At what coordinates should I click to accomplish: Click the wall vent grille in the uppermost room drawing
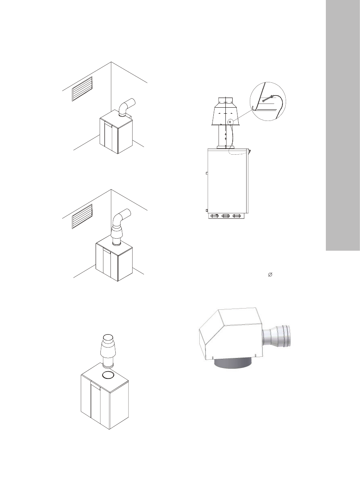(x=82, y=89)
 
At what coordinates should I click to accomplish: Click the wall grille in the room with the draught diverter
(x=82, y=216)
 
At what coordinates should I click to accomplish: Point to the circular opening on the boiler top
(x=108, y=375)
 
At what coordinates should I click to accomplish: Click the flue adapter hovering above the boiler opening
(x=108, y=350)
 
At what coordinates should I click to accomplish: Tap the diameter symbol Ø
(x=270, y=274)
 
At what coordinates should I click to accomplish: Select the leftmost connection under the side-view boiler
(x=215, y=216)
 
